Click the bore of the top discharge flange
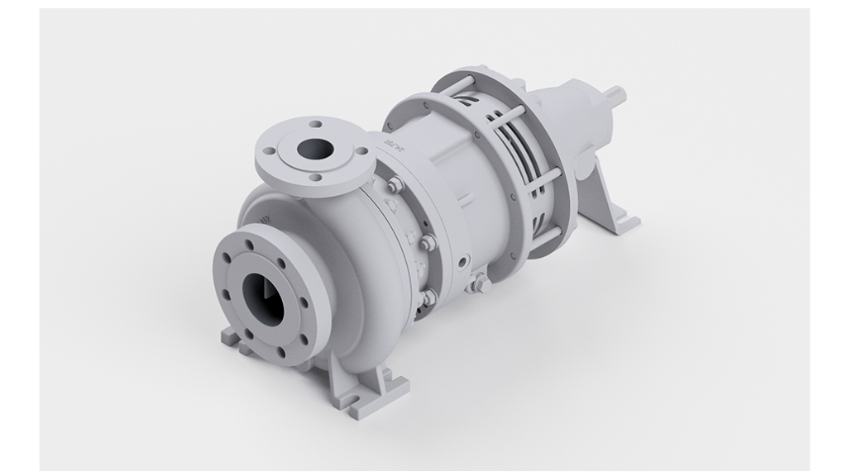(x=316, y=150)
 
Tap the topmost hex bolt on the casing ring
(x=395, y=185)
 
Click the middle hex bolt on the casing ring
(x=427, y=243)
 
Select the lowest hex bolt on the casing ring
(x=428, y=296)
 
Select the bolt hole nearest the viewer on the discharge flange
(x=315, y=177)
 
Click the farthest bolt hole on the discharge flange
(x=315, y=125)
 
